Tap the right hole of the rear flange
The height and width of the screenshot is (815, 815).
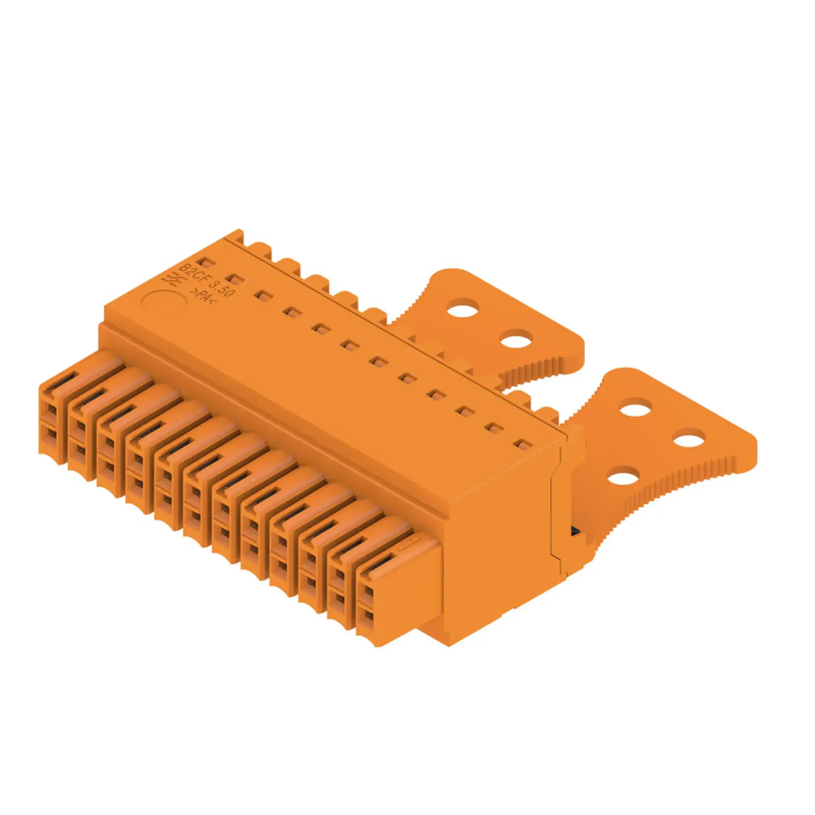(515, 339)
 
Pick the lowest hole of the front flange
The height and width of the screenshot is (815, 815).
(623, 480)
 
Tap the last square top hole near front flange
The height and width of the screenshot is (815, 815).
(523, 444)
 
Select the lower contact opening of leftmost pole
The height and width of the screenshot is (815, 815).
(51, 435)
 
